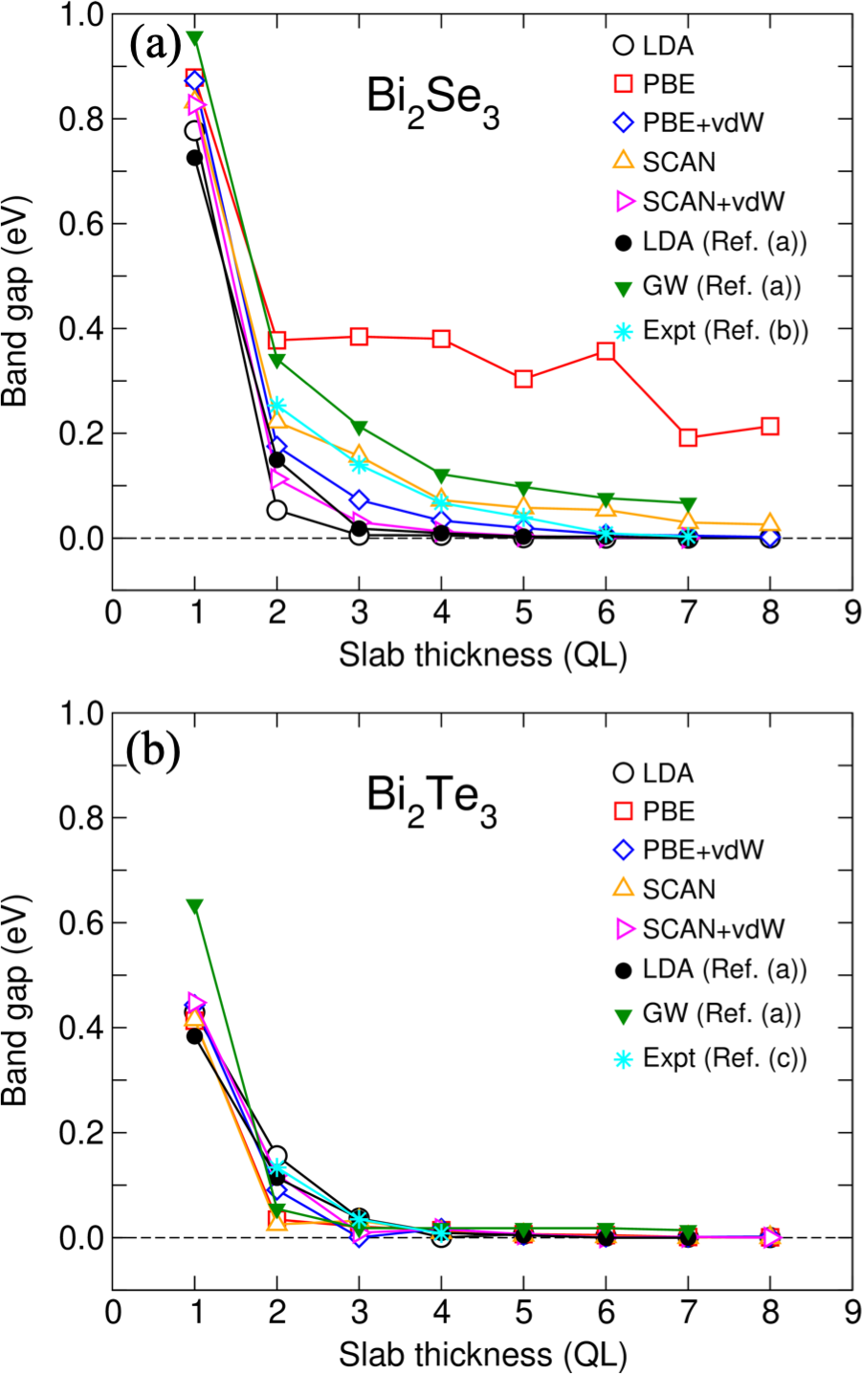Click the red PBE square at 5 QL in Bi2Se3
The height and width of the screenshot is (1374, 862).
tap(523, 378)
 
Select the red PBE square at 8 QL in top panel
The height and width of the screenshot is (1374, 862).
tap(769, 426)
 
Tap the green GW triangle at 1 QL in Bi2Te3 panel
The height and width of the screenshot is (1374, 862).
tap(195, 905)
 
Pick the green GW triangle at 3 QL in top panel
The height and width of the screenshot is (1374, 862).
tap(359, 427)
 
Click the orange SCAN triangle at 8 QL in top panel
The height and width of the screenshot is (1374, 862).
tap(769, 524)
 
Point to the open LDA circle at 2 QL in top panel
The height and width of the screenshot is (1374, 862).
tap(276, 510)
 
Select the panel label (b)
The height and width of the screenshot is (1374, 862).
tap(153, 752)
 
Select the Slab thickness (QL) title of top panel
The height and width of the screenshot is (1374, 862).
tap(481, 654)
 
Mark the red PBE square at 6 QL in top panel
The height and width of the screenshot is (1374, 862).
tap(606, 351)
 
